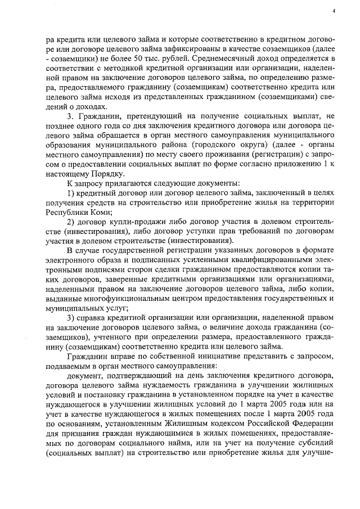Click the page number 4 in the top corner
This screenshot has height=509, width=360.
[333, 11]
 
